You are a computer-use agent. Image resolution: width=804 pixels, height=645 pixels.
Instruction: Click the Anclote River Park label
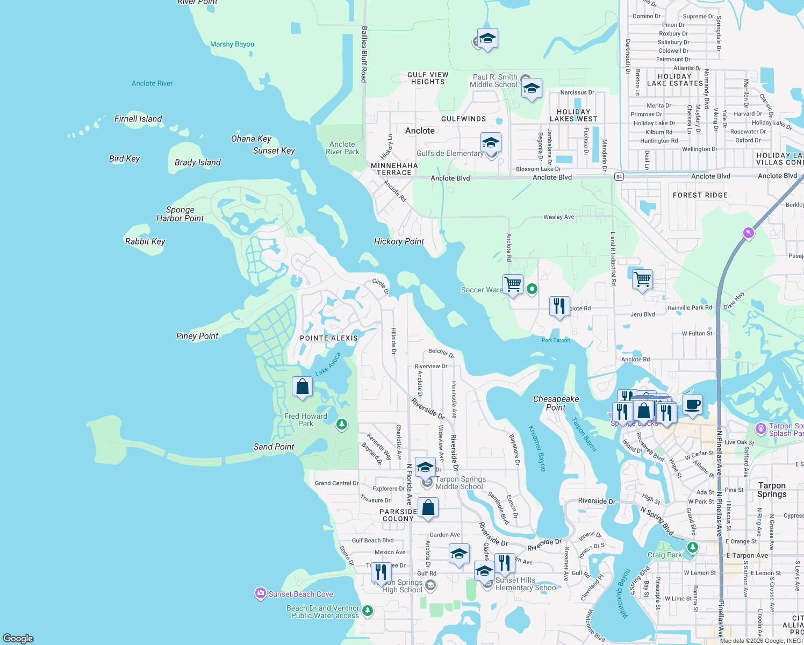[342, 148]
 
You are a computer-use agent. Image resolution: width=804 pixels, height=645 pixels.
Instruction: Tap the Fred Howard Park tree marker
[341, 425]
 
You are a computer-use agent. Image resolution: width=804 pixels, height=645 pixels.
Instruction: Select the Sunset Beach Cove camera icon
[261, 593]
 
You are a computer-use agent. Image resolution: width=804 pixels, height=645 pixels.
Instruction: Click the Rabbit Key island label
[145, 241]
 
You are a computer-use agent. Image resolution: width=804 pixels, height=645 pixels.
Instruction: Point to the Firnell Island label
[138, 119]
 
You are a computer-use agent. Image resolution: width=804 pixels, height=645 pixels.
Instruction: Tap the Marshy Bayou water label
[232, 44]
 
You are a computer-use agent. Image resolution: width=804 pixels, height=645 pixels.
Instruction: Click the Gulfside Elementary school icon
[490, 144]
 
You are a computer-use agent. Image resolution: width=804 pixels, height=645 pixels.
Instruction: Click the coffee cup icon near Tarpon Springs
[692, 404]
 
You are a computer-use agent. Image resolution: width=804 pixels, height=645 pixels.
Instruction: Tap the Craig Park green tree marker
[693, 547]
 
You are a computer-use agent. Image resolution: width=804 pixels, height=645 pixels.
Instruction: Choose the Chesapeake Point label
[556, 403]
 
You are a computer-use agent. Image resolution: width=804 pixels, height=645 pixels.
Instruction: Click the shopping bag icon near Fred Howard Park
[303, 386]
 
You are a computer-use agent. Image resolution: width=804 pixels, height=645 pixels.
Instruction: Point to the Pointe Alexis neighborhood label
[329, 338]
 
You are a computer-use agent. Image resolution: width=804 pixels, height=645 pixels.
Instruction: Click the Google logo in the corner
[18, 638]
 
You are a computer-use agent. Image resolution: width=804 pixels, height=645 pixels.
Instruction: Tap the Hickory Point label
[399, 241]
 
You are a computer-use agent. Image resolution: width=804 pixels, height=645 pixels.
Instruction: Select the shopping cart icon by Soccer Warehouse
[513, 284]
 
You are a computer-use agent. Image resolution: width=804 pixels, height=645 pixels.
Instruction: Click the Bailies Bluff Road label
[364, 54]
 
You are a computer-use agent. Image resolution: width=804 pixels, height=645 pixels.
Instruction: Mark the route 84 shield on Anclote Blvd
[619, 176]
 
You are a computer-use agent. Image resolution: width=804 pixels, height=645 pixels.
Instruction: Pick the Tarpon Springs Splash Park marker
[760, 428]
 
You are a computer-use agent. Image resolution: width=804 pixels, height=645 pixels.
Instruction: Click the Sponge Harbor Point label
[180, 214]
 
